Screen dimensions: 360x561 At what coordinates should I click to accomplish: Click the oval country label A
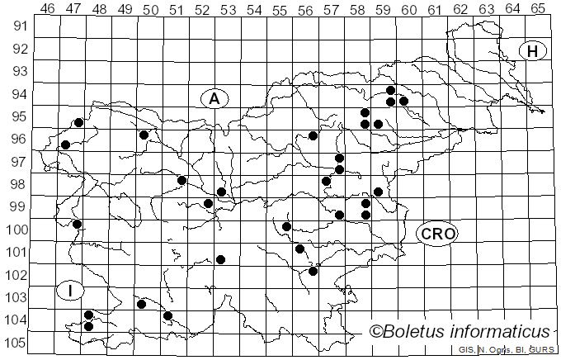pyautogui.click(x=214, y=98)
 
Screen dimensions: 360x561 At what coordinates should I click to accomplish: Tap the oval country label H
pyautogui.click(x=533, y=51)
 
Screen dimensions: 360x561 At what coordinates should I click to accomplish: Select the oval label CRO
pyautogui.click(x=437, y=234)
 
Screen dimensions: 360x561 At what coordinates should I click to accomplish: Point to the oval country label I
pyautogui.click(x=71, y=290)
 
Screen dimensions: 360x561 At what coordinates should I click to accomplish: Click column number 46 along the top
pyautogui.click(x=48, y=8)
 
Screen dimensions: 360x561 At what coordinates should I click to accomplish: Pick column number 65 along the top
pyautogui.click(x=537, y=8)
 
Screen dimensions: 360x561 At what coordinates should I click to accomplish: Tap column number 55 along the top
pyautogui.click(x=280, y=8)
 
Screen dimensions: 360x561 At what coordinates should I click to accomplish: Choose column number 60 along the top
pyautogui.click(x=408, y=8)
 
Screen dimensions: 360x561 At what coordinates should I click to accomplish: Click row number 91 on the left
pyautogui.click(x=17, y=26)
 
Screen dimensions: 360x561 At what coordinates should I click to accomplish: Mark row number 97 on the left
pyautogui.click(x=17, y=162)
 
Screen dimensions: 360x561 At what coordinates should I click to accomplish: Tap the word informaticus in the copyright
pyautogui.click(x=506, y=332)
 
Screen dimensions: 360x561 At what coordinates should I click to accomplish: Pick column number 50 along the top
pyautogui.click(x=151, y=8)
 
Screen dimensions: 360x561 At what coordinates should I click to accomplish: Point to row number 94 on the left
pyautogui.click(x=17, y=94)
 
